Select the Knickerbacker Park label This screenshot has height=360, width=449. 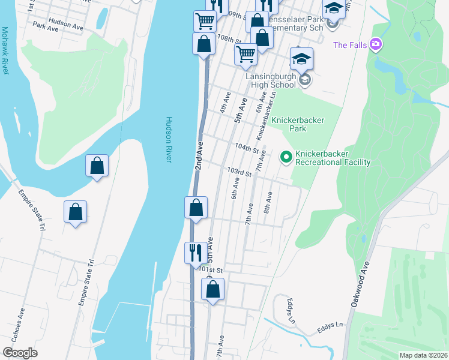click(x=298, y=124)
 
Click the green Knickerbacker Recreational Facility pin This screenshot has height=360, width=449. click(x=286, y=157)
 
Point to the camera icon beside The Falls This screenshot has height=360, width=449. click(x=376, y=44)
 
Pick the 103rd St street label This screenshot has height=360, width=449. click(x=239, y=172)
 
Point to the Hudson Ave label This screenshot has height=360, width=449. click(x=66, y=25)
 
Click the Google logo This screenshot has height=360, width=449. click(x=20, y=353)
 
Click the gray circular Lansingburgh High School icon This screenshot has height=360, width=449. click(x=304, y=80)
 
